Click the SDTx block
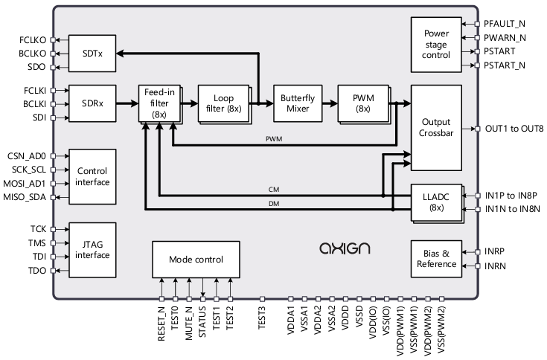[x=92, y=53]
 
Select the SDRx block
[x=92, y=105]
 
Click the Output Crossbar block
[x=436, y=128]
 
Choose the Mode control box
[x=196, y=258]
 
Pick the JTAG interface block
[x=92, y=249]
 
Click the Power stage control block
[x=436, y=45]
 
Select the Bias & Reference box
[x=436, y=258]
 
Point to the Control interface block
[x=92, y=176]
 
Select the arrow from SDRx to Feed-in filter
[x=127, y=105]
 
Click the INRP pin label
[x=496, y=251]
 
